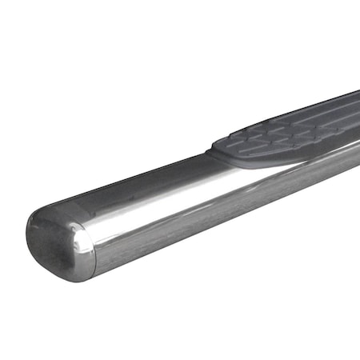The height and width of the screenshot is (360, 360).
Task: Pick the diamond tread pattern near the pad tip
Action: click(x=248, y=144)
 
